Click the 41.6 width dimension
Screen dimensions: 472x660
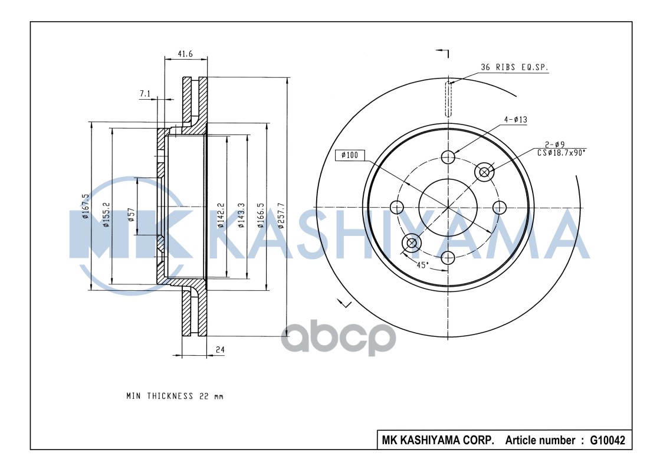185,54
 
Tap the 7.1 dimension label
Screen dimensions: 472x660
145,94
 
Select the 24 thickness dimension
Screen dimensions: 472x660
220,350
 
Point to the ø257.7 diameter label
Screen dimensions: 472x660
281,215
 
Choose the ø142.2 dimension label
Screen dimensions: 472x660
220,215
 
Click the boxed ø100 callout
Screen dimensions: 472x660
350,156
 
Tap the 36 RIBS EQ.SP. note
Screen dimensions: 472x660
514,68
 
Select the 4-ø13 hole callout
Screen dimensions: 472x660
515,119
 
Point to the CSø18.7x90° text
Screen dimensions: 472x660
561,152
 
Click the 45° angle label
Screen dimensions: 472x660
422,265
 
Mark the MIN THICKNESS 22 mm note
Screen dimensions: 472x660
175,396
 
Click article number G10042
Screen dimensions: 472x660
608,440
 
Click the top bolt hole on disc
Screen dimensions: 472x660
448,157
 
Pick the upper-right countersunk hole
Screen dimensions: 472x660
485,172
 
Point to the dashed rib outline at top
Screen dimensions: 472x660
448,99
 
